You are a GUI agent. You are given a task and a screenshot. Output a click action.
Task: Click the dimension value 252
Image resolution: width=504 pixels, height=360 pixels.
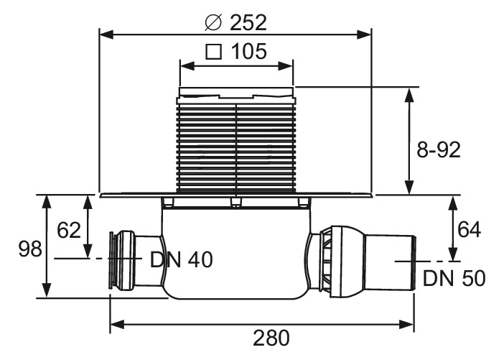(x=248, y=22)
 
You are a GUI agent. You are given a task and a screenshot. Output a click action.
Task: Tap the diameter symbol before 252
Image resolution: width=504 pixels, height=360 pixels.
(x=213, y=22)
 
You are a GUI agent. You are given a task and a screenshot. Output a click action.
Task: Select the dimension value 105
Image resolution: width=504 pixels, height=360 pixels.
(x=249, y=52)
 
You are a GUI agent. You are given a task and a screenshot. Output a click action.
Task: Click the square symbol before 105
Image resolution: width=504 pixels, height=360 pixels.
(x=214, y=52)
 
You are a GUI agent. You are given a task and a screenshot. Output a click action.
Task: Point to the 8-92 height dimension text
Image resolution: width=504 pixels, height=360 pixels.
(x=439, y=150)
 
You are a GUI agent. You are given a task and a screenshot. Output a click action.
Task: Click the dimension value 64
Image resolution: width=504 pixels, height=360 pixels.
(x=469, y=230)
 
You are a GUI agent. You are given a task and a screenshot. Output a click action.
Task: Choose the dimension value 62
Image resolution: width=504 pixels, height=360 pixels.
(x=69, y=231)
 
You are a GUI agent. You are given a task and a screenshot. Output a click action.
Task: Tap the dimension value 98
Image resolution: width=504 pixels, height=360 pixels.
(x=30, y=249)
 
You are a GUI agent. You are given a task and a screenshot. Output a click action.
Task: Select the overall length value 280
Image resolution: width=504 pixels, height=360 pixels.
(x=271, y=338)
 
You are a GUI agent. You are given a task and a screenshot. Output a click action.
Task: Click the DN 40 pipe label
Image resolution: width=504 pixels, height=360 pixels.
(x=182, y=259)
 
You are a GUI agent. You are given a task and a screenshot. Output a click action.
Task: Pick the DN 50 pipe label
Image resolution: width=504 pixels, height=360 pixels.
(x=454, y=278)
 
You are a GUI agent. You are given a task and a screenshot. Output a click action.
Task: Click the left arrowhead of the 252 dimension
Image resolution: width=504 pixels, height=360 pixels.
(x=107, y=34)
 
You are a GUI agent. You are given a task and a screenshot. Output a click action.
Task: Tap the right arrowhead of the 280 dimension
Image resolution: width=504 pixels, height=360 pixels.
(x=406, y=324)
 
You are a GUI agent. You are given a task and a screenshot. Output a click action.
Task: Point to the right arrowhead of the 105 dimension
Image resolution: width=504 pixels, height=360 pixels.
(x=286, y=66)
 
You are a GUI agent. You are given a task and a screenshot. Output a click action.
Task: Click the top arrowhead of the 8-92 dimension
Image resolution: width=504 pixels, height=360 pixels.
(x=409, y=95)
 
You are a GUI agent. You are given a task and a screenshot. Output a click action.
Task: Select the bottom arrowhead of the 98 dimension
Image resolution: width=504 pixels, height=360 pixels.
(x=47, y=290)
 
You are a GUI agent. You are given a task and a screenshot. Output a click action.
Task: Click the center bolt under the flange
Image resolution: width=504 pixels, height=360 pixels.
(x=236, y=203)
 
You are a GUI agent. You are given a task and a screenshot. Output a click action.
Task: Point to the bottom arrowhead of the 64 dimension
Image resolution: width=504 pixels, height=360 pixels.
(x=453, y=254)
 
